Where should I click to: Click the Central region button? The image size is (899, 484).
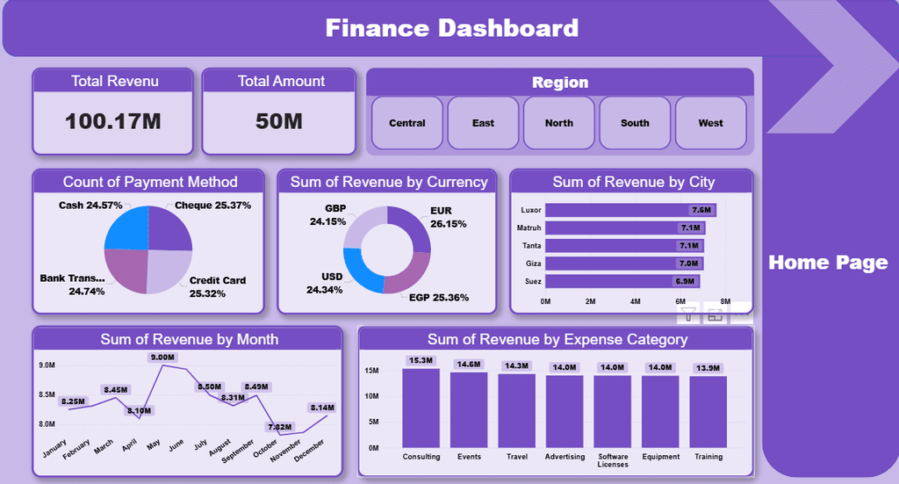click(x=407, y=123)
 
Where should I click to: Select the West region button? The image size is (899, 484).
click(x=710, y=123)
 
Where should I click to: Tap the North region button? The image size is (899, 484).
click(x=558, y=123)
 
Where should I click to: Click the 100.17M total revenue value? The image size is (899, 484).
click(x=113, y=121)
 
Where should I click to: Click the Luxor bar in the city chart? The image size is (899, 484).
click(x=615, y=210)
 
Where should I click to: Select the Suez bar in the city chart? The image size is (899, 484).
click(x=606, y=282)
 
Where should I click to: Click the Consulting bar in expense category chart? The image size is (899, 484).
click(x=421, y=408)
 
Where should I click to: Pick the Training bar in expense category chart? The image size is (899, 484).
click(x=708, y=411)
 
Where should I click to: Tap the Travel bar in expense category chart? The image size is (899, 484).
click(x=517, y=410)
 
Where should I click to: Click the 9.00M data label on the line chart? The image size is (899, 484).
click(x=162, y=358)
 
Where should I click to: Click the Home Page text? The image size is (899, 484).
click(x=828, y=263)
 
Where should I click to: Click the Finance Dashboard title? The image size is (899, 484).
click(x=452, y=28)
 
